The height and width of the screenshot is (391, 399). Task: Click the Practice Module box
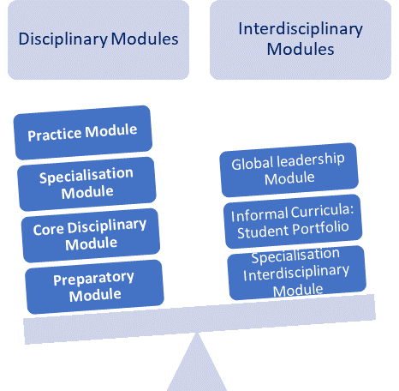(x=83, y=133)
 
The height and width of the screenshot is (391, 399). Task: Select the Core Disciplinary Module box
(x=91, y=235)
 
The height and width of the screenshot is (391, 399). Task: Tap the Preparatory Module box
(x=94, y=286)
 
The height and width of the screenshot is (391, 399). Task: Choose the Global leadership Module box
(x=289, y=170)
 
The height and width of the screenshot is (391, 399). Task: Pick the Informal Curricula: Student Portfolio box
(x=293, y=221)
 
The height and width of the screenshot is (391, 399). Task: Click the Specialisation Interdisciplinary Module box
(x=297, y=273)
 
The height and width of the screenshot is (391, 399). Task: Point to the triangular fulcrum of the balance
(x=197, y=362)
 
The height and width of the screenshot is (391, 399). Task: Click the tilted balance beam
(x=199, y=319)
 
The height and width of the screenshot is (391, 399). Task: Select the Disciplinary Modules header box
(x=98, y=39)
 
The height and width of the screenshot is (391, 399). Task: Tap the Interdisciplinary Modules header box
(x=301, y=39)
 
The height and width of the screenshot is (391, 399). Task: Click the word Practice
(x=55, y=135)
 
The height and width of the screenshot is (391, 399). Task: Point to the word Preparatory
(x=93, y=279)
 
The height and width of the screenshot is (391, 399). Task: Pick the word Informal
(x=259, y=215)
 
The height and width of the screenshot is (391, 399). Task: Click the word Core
(x=48, y=230)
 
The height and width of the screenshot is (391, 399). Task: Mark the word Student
(x=263, y=232)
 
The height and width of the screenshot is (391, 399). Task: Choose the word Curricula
(x=323, y=211)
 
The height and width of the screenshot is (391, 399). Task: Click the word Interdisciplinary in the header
(x=301, y=29)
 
